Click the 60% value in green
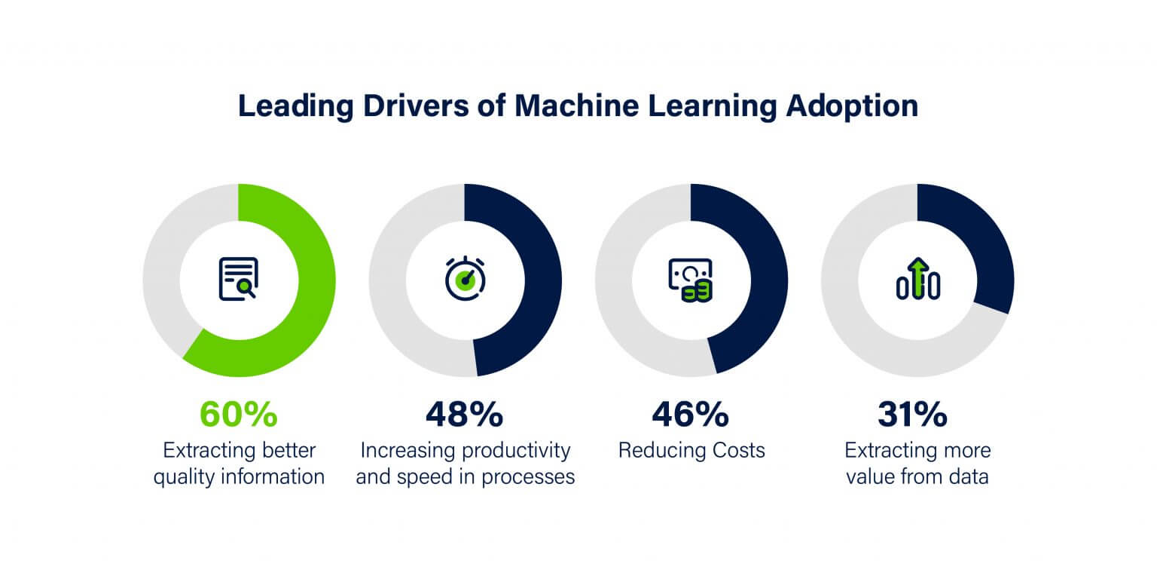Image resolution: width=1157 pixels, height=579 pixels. pyautogui.click(x=239, y=414)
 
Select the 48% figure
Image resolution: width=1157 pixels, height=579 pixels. pyautogui.click(x=465, y=414)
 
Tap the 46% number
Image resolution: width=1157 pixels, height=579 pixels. pyautogui.click(x=691, y=414)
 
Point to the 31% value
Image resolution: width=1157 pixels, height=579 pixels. pyautogui.click(x=917, y=414)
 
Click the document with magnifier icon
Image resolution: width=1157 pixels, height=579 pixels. pyautogui.click(x=239, y=279)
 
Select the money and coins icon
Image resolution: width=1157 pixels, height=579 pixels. pyautogui.click(x=690, y=280)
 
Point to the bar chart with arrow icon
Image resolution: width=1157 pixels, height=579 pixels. pyautogui.click(x=917, y=279)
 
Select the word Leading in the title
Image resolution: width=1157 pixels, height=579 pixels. pyautogui.click(x=295, y=106)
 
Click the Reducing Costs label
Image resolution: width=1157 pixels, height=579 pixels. pyautogui.click(x=691, y=451)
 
